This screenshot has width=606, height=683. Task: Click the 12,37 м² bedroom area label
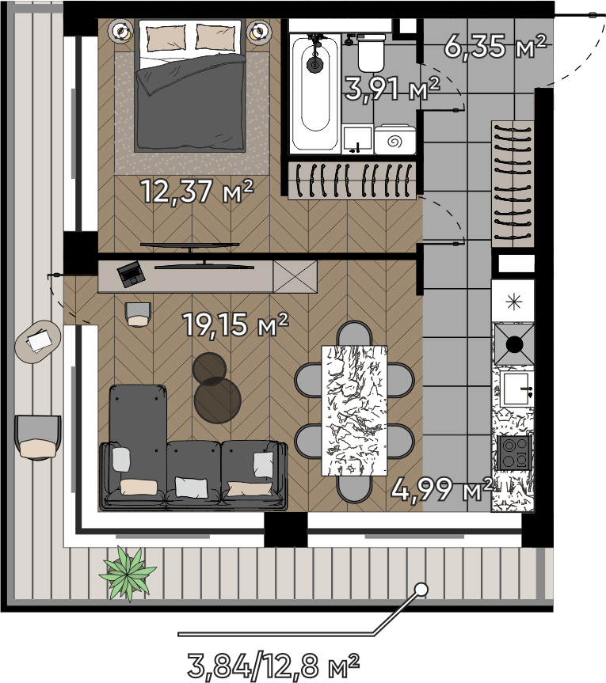(x=197, y=191)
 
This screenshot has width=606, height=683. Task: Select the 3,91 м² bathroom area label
(x=392, y=89)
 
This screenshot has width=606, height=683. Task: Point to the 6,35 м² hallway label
(x=495, y=46)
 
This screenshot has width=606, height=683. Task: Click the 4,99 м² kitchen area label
(x=442, y=489)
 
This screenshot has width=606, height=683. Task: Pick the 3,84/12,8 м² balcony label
(x=274, y=665)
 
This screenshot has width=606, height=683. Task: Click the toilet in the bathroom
(x=372, y=53)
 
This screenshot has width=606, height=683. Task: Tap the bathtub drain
(x=314, y=65)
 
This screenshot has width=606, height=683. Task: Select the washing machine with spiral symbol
(x=395, y=139)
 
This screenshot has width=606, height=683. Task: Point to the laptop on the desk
(x=131, y=274)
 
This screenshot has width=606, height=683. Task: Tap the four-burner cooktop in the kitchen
(x=514, y=453)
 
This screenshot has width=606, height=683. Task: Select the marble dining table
(x=354, y=410)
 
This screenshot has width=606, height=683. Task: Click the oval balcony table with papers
(x=38, y=340)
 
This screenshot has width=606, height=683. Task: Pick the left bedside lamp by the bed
(x=120, y=32)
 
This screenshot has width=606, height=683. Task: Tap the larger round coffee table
(x=218, y=400)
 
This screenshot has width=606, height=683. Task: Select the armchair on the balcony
(x=37, y=438)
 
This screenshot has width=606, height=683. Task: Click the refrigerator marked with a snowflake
(x=513, y=301)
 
